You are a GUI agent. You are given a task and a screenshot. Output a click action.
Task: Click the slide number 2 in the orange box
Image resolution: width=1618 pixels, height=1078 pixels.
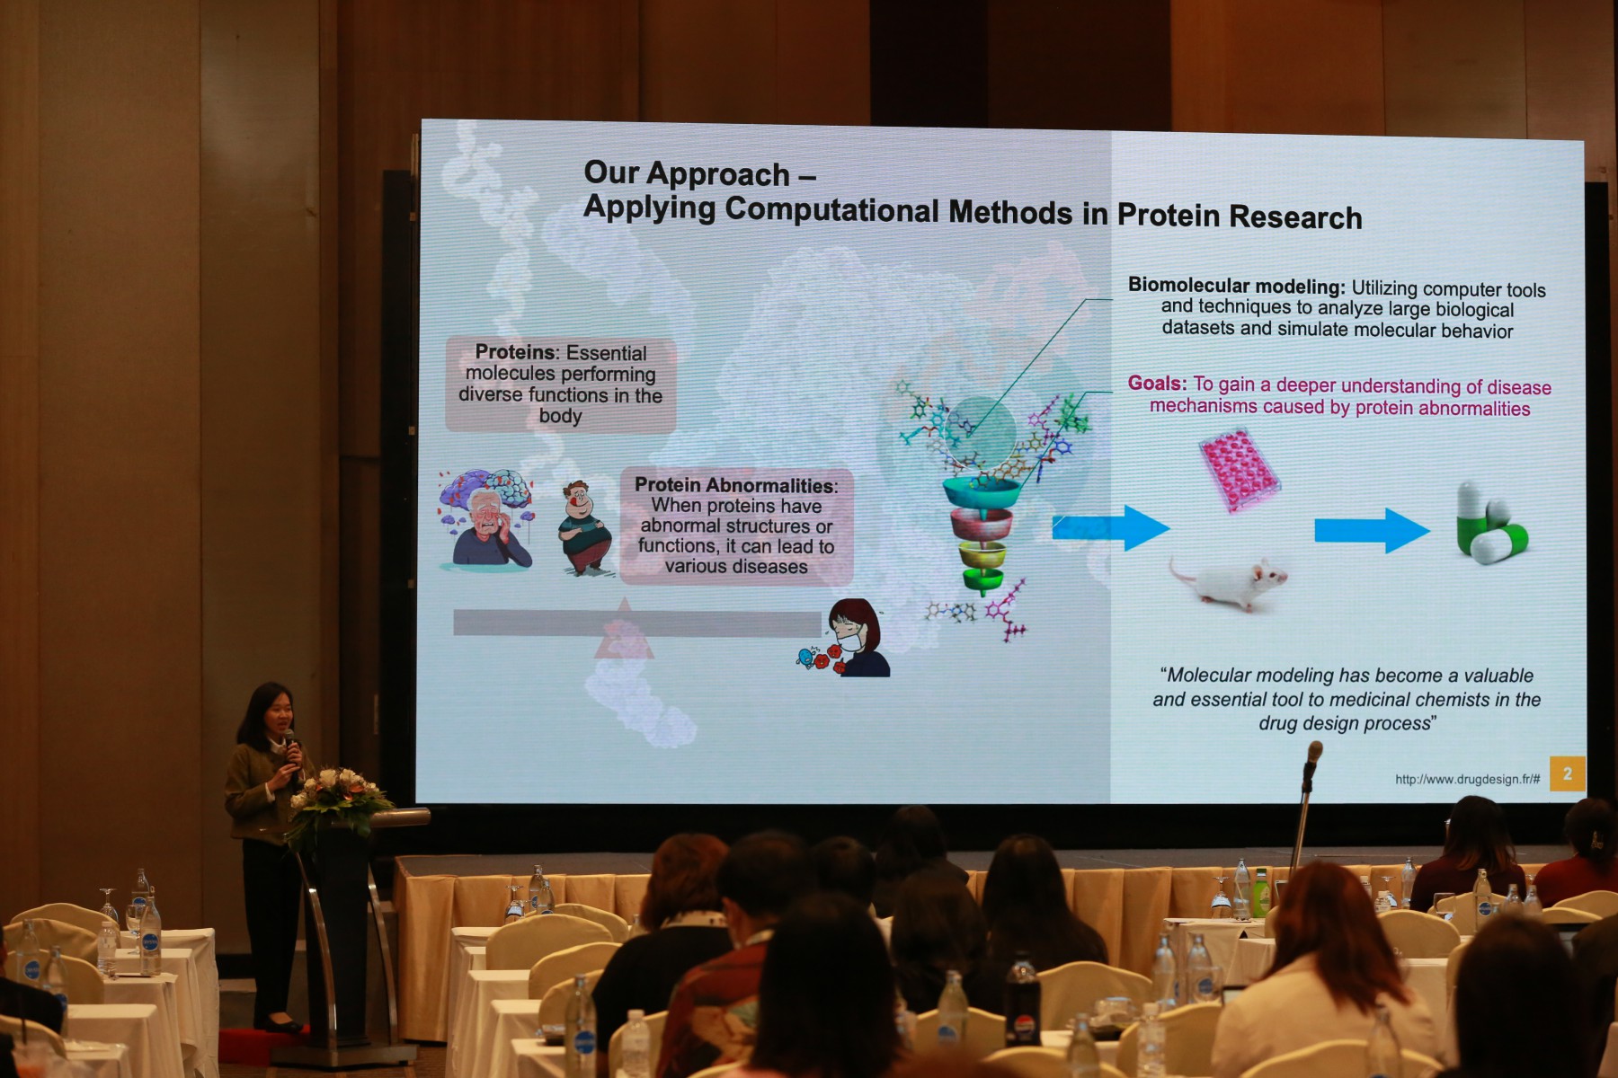[1568, 773]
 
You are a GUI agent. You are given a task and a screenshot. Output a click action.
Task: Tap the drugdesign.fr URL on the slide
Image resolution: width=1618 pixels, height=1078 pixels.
[1467, 780]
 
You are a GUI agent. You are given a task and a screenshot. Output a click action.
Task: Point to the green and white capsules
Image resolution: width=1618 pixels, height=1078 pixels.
[1490, 523]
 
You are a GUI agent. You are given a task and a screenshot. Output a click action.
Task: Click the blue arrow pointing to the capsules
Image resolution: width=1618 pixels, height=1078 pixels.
[1372, 530]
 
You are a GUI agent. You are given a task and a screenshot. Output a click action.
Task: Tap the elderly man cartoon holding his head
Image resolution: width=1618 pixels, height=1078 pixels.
[486, 519]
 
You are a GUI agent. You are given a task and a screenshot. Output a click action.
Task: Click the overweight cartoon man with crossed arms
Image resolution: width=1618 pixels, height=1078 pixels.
[584, 528]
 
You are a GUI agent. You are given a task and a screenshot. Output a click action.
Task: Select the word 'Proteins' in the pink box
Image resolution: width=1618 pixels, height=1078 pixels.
[515, 352]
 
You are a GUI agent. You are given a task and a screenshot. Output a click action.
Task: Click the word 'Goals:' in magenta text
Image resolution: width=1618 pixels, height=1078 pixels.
[1157, 384]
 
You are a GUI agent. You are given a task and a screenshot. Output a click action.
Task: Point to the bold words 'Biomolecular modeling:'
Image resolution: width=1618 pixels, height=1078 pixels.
[1236, 287]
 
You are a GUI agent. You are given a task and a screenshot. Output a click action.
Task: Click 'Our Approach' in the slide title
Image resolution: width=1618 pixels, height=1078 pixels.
[687, 173]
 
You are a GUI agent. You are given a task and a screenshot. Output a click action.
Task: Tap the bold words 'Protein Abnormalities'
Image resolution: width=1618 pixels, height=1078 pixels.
[733, 485]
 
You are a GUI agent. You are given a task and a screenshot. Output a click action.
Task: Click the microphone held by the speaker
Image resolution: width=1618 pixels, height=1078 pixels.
[290, 747]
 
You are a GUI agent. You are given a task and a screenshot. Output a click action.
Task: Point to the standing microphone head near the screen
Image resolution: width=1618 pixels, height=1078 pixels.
[1314, 755]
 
